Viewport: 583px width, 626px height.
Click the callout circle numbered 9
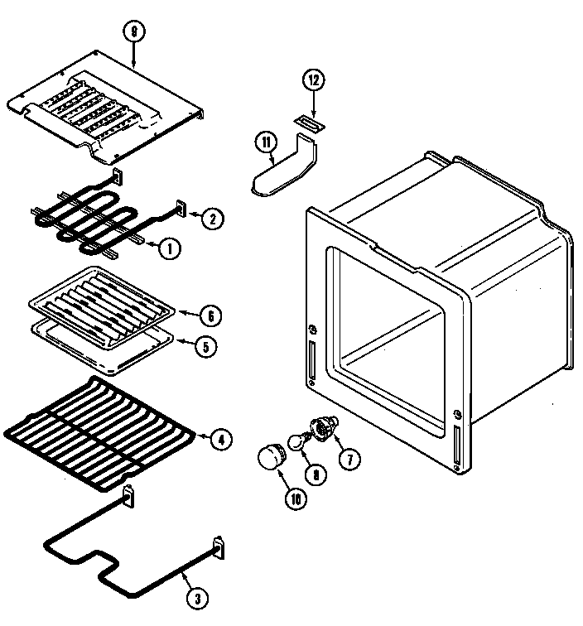[x=133, y=34]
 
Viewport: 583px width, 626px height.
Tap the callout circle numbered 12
[x=314, y=81]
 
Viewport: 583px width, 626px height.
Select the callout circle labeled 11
[x=266, y=142]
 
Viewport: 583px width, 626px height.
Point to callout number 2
[x=213, y=219]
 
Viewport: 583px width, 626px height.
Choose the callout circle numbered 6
[x=210, y=315]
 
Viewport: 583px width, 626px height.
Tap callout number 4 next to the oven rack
[x=220, y=441]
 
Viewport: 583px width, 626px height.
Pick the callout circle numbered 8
[x=313, y=475]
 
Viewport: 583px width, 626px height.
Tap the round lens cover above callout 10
[x=270, y=456]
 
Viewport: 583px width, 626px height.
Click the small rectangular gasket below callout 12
[x=310, y=123]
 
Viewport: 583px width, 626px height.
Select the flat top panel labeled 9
[x=108, y=104]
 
